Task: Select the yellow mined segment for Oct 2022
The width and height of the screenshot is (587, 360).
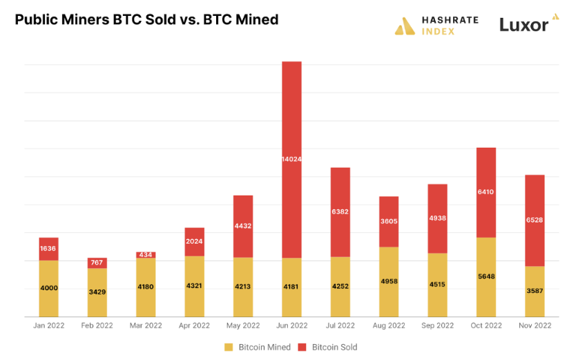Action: (486, 277)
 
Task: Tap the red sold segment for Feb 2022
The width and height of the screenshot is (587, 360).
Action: (97, 263)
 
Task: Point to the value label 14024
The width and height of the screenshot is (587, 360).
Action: (291, 159)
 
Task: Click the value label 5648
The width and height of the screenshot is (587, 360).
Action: (486, 276)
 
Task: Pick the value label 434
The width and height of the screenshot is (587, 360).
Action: (146, 255)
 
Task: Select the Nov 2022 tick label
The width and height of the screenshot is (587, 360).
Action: (535, 325)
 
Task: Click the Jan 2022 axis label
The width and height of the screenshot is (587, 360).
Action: (48, 325)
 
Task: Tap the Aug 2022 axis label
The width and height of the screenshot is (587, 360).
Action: (389, 325)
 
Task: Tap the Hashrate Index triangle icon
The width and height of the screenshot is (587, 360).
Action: (405, 26)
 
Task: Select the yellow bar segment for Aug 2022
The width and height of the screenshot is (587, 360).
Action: (389, 282)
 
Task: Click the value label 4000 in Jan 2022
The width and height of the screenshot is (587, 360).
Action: (48, 287)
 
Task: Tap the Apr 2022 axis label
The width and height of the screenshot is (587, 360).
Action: (194, 325)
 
